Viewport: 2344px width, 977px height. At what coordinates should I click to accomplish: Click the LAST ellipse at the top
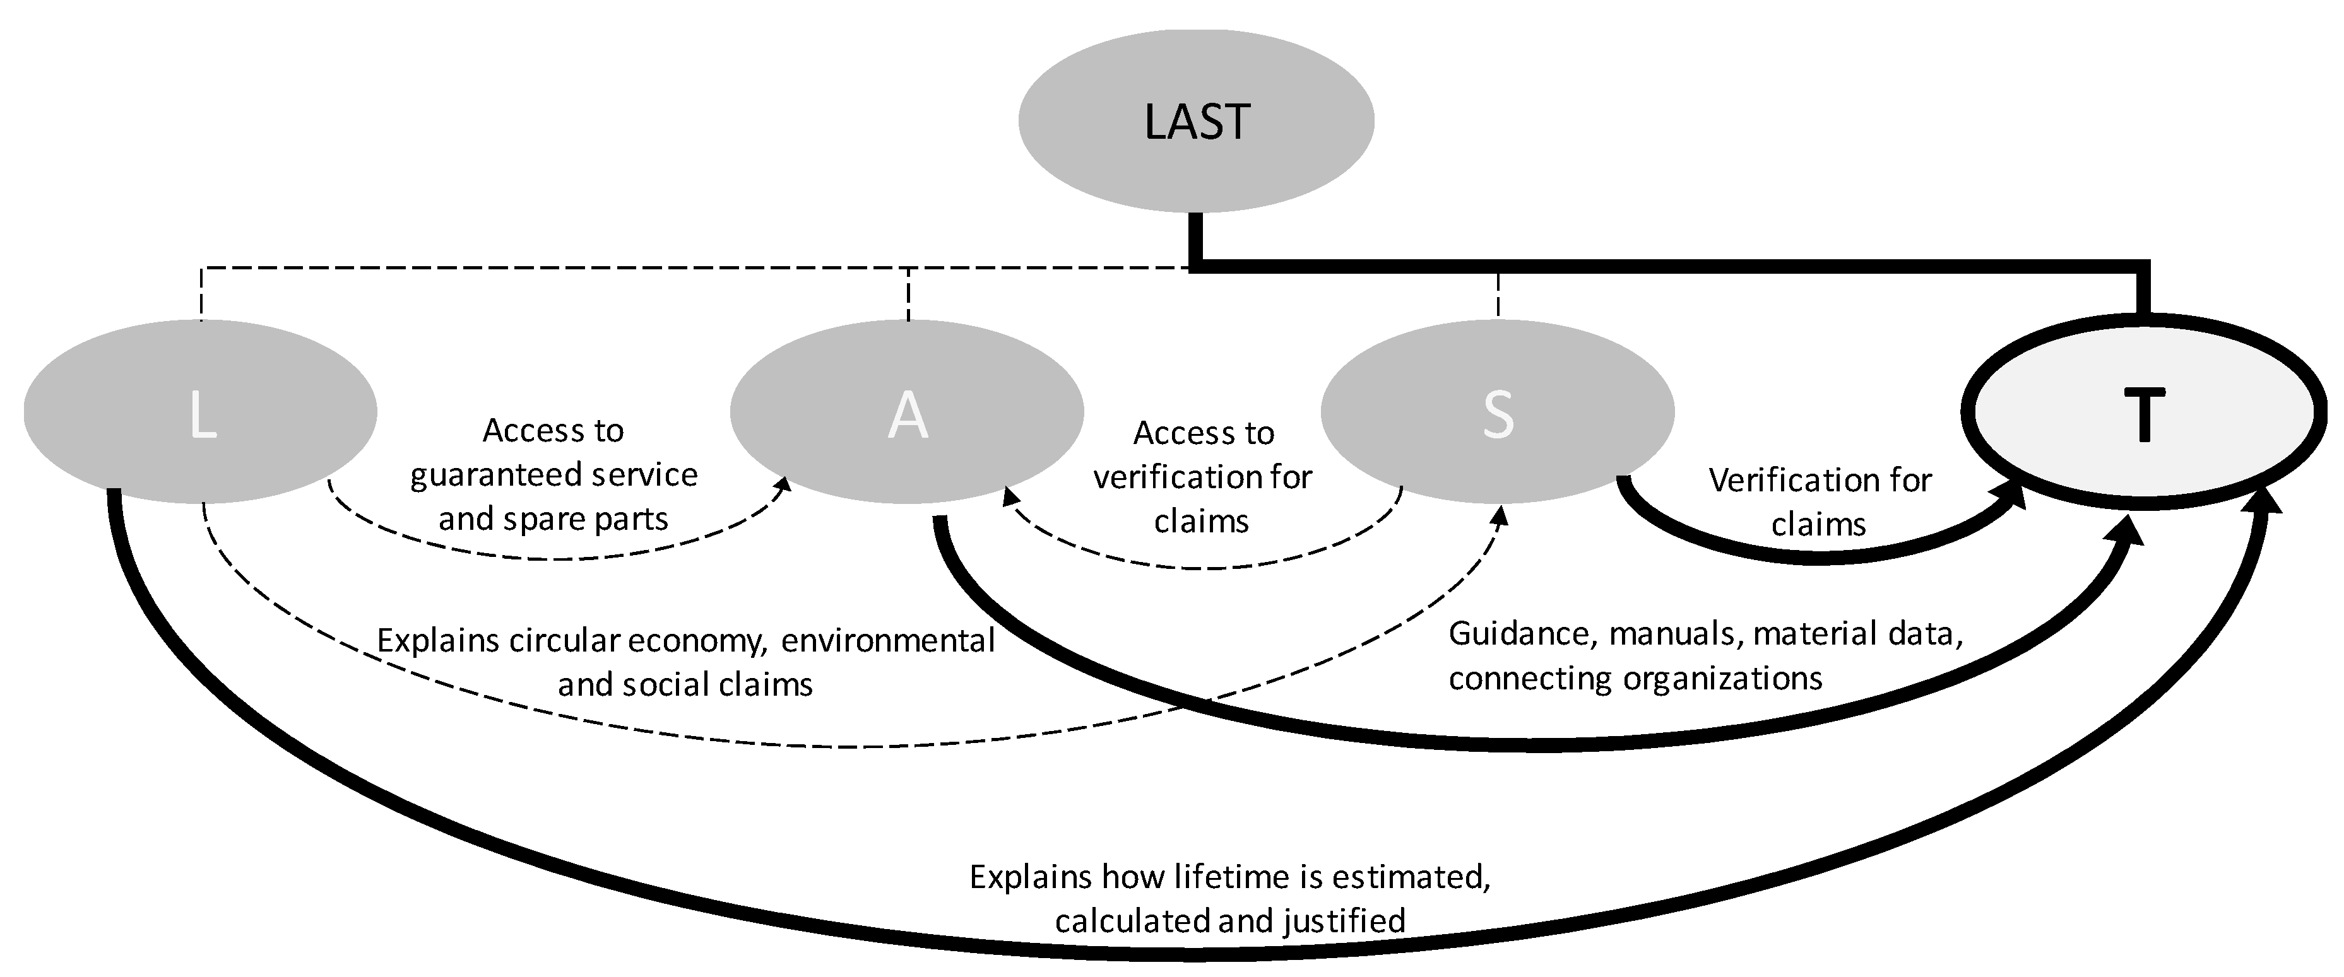tap(1195, 121)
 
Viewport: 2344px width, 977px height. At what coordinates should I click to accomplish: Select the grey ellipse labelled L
tap(200, 411)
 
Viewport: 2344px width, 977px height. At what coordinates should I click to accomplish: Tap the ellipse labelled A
tap(906, 411)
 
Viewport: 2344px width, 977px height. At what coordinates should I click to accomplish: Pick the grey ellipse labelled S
tap(1497, 411)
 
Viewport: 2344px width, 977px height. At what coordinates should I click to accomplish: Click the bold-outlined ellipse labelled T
tap(2143, 411)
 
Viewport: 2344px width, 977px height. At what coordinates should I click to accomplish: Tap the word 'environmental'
tap(887, 640)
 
